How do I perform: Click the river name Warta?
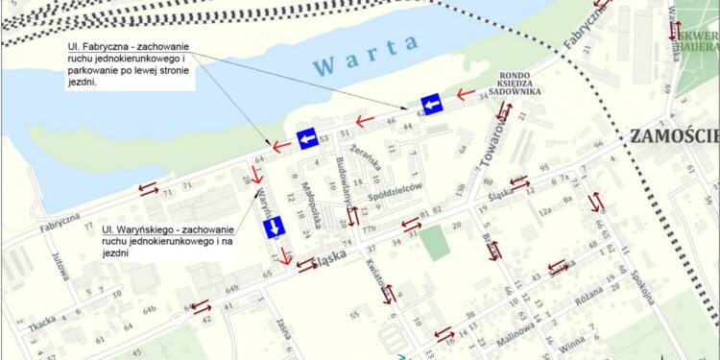(366, 56)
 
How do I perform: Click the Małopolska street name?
(314, 201)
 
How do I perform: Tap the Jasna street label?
(284, 328)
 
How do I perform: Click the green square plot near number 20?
(435, 242)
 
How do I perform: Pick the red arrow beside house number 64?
(280, 147)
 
